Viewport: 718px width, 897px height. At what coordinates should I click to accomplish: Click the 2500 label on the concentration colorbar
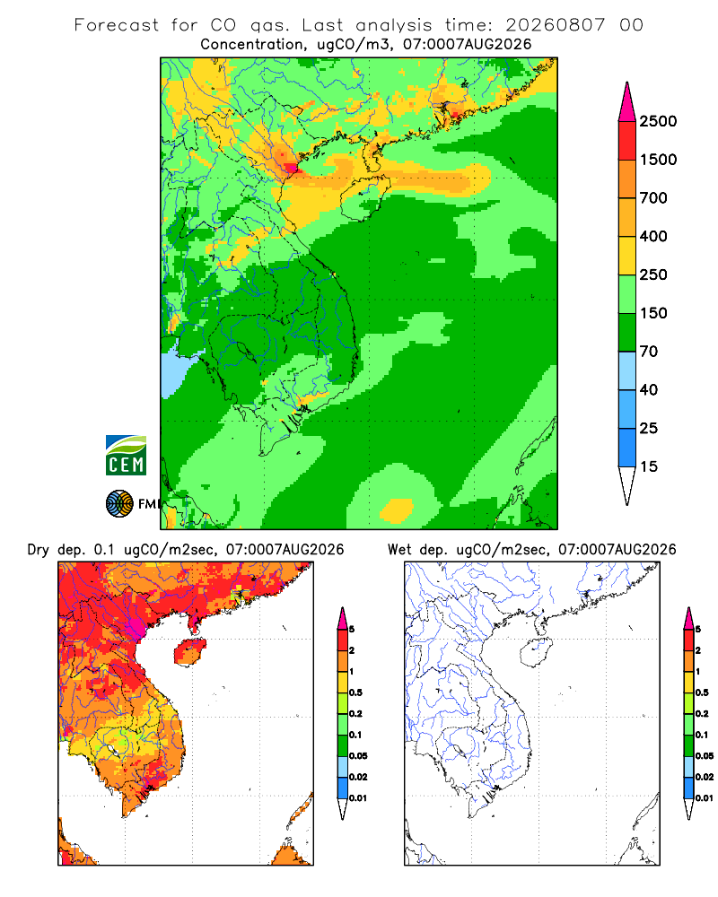[658, 121]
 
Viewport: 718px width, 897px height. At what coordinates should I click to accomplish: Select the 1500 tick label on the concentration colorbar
[658, 160]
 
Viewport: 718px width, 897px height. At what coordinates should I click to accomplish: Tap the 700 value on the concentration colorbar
[653, 198]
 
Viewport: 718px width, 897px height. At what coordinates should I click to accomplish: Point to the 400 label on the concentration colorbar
[653, 236]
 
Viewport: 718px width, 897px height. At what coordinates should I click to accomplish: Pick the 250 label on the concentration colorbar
[653, 274]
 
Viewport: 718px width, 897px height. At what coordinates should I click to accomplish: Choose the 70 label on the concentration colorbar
[649, 352]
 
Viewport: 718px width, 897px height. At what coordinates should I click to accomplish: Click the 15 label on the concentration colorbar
[649, 466]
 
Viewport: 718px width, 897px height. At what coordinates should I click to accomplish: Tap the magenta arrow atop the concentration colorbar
[627, 102]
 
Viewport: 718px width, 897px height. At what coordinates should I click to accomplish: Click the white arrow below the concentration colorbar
[627, 486]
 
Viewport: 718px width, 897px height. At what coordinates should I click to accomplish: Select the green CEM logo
[126, 456]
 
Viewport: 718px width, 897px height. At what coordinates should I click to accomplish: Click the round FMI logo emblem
[119, 504]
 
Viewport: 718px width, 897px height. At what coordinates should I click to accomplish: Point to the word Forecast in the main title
[117, 25]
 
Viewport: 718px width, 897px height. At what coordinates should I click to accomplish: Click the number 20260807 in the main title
[555, 25]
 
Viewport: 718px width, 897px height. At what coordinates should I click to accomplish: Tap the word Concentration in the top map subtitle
[252, 45]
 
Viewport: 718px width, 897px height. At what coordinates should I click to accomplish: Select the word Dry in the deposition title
[39, 550]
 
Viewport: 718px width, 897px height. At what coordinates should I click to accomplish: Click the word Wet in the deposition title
[399, 550]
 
